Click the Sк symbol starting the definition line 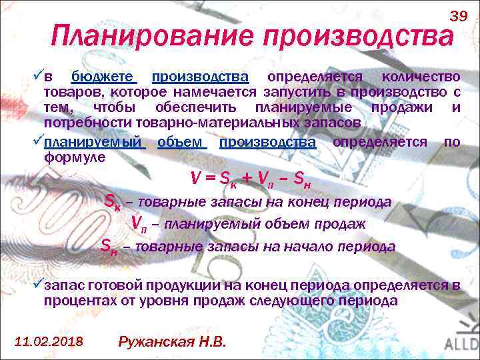click(113, 201)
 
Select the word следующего click(301, 301)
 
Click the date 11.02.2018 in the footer click(49, 341)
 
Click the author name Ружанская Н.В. click(172, 341)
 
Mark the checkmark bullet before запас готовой click(38, 285)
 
